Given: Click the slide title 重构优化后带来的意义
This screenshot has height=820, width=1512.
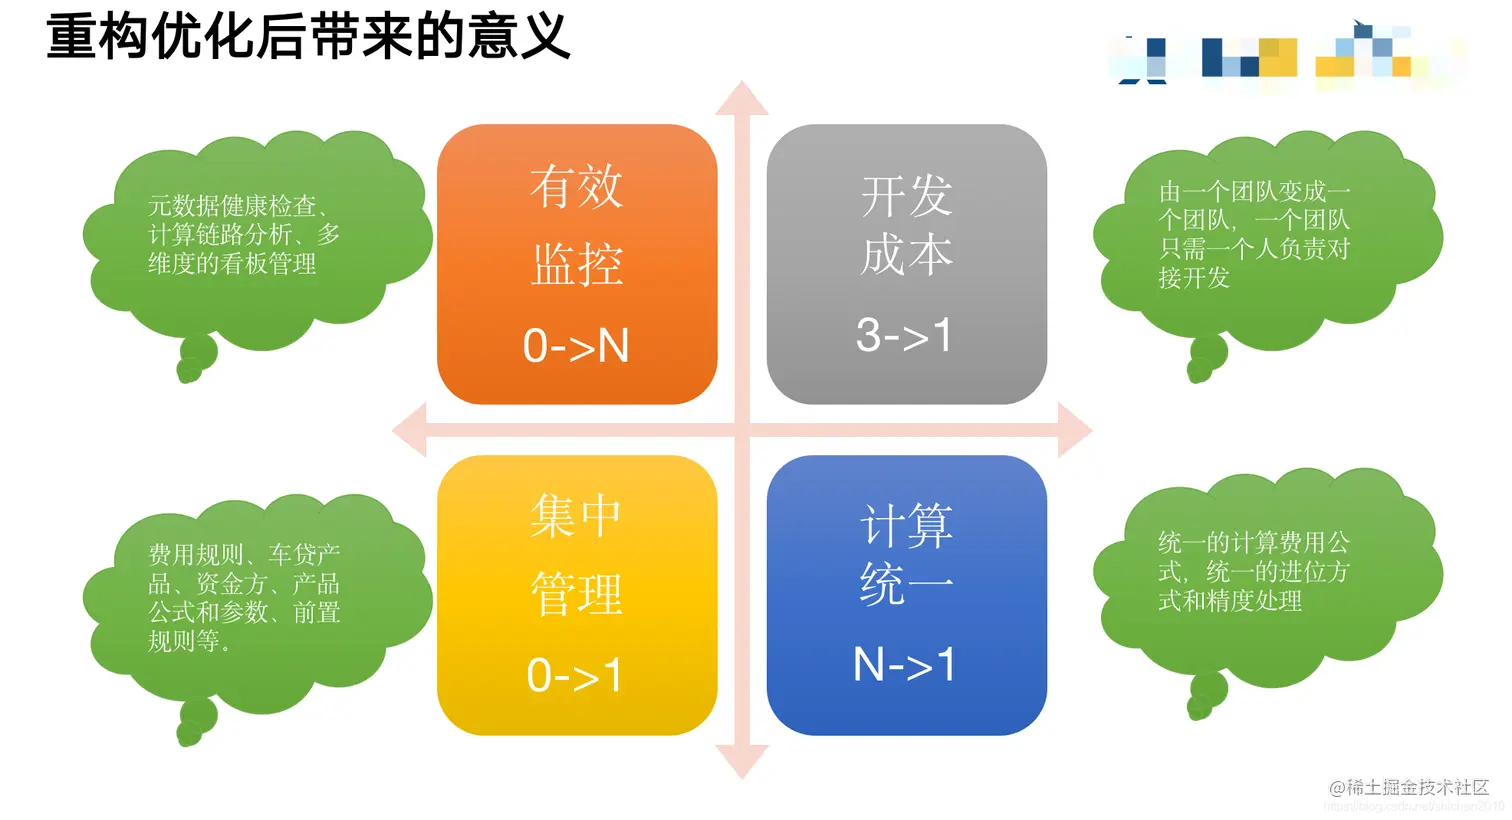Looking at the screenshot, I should pos(308,38).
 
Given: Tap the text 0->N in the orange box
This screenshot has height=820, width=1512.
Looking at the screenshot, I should pos(576,346).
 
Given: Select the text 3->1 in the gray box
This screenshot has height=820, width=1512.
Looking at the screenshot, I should pos(904,335).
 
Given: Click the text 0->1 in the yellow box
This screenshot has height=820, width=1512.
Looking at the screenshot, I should pos(575,676).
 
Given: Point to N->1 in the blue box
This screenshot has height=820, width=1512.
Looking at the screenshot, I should pos(904,665).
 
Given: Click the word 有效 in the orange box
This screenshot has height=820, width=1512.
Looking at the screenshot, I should pos(576,187).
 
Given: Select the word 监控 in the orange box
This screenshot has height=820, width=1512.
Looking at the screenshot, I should pos(577,266).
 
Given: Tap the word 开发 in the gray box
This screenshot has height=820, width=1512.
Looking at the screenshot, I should pos(906,196).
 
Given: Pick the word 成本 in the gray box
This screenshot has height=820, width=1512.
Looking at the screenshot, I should pos(906,255).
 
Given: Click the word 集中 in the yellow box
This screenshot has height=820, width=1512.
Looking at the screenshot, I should pos(576,517).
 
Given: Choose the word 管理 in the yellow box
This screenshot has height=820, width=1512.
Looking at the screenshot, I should pos(577,595).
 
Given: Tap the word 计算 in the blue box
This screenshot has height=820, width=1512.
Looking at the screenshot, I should pos(906,526).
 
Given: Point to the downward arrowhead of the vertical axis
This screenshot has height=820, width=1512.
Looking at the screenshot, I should pos(741,762).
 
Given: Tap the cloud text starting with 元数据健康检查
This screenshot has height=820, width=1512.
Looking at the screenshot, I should pos(243,235).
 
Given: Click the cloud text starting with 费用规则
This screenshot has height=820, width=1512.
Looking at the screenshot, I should pos(243,597).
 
